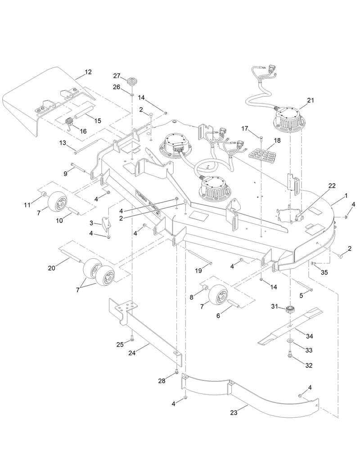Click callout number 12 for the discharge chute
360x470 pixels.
[x=88, y=72]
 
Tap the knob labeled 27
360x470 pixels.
[x=131, y=82]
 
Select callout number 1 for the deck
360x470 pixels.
[x=346, y=196]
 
